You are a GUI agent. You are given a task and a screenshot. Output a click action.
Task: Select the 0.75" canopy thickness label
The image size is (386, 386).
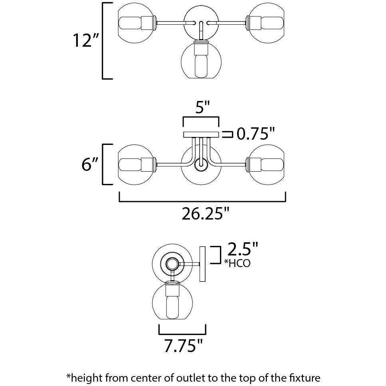pos(255,135)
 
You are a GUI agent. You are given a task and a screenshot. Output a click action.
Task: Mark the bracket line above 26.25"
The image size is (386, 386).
pos(202,202)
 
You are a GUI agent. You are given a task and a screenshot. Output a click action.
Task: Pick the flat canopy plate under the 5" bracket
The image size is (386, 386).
pos(200,135)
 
